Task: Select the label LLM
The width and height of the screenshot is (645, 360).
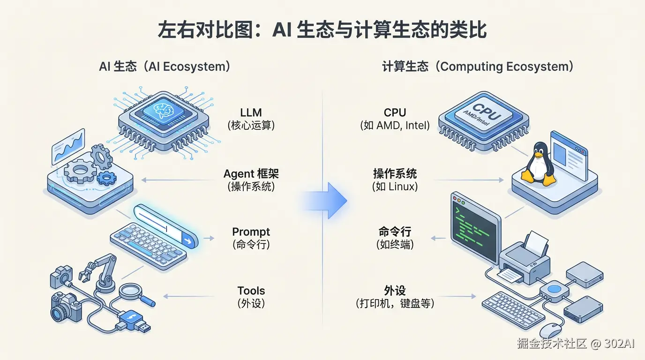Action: click(251, 113)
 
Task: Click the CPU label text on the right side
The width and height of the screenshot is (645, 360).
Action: click(395, 113)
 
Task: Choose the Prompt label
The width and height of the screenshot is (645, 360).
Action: click(251, 232)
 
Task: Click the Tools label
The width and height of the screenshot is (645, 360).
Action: click(251, 291)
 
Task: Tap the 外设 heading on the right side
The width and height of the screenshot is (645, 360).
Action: click(395, 291)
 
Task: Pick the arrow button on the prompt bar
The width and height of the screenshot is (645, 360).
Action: click(188, 241)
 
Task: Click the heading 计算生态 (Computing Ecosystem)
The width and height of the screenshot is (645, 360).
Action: click(478, 67)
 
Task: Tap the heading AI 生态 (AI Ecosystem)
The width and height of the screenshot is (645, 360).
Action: click(165, 67)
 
